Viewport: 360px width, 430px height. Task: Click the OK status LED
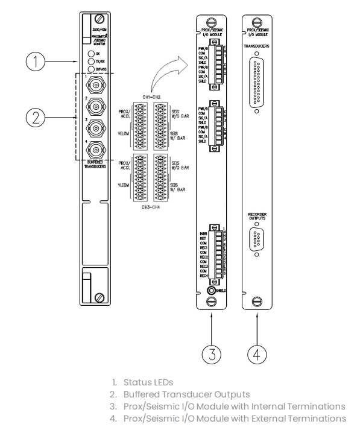click(90, 54)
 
